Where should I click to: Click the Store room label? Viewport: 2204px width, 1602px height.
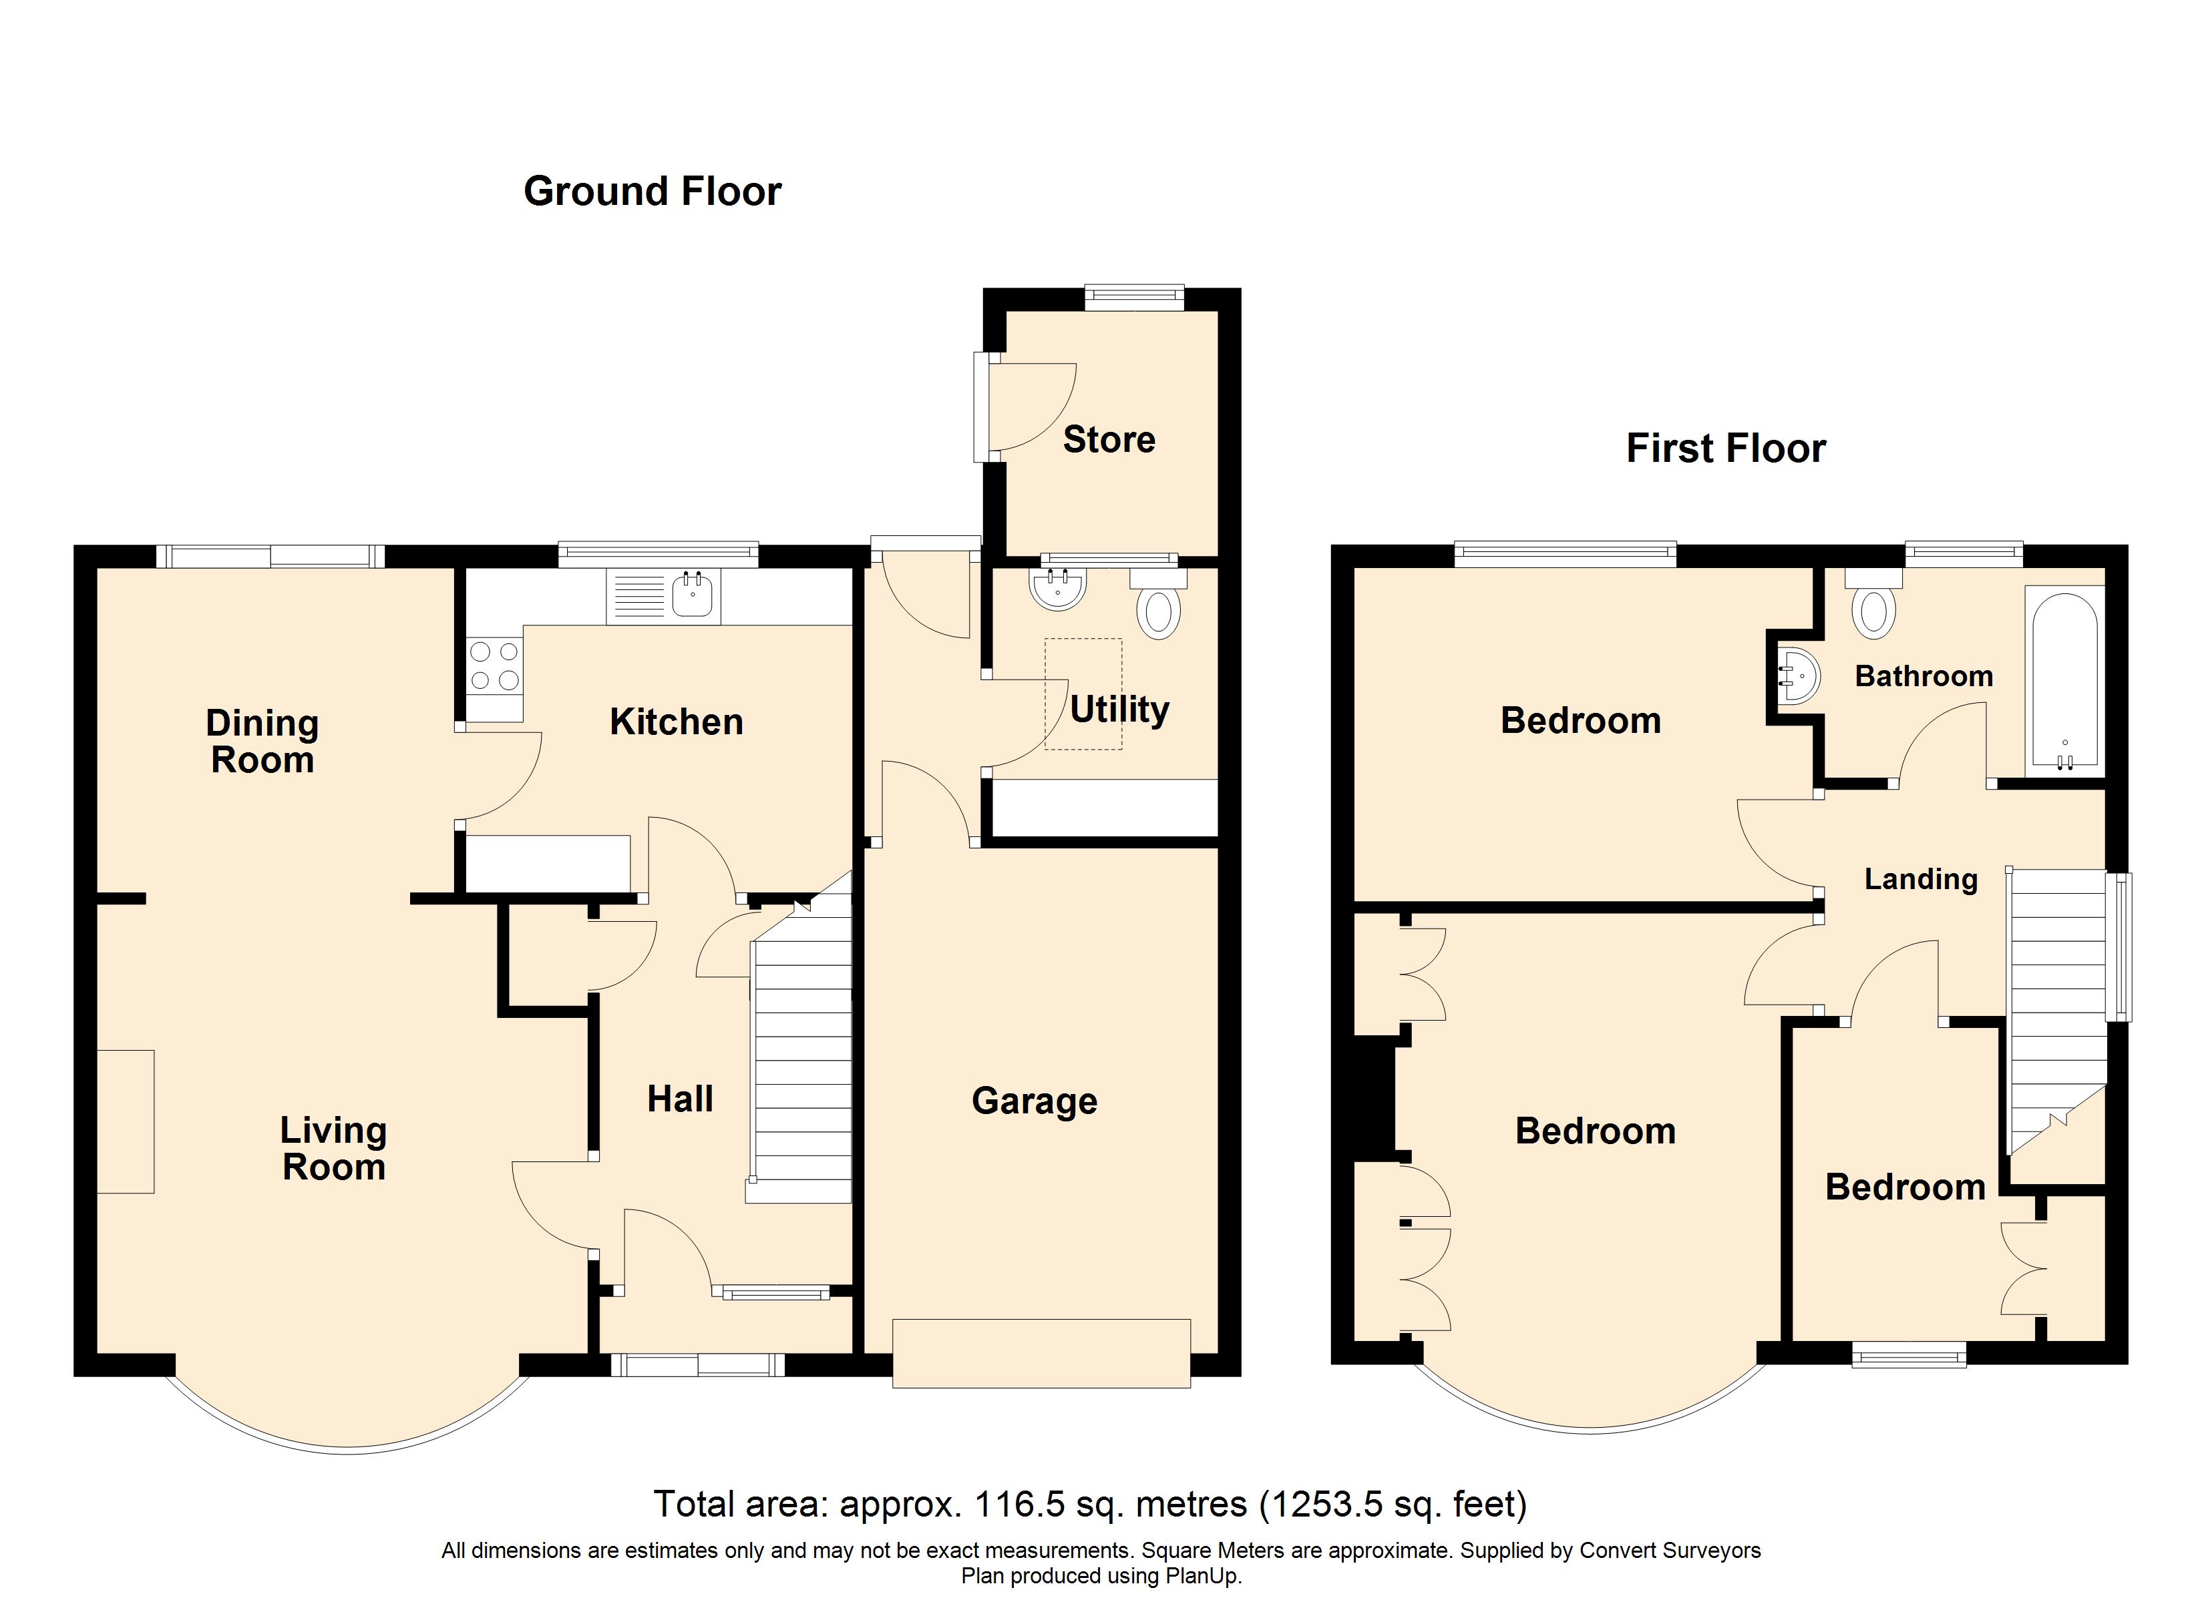pos(1109,440)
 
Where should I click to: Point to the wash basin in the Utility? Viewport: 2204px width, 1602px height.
pos(1057,589)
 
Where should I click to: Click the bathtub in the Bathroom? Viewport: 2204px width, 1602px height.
pos(2063,680)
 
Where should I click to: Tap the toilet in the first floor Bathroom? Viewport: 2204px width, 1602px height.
pos(1873,610)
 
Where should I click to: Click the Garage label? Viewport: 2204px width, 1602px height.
pos(1034,1101)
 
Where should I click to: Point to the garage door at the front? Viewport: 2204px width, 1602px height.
pos(1041,1352)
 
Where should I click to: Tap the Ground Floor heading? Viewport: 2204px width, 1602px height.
pos(652,192)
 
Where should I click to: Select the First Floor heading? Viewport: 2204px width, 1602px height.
pos(1726,449)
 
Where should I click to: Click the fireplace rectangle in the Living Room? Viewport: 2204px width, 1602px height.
pos(126,1121)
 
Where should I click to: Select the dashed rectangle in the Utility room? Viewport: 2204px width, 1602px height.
pos(1083,694)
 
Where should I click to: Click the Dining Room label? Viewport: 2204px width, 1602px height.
pos(261,741)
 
